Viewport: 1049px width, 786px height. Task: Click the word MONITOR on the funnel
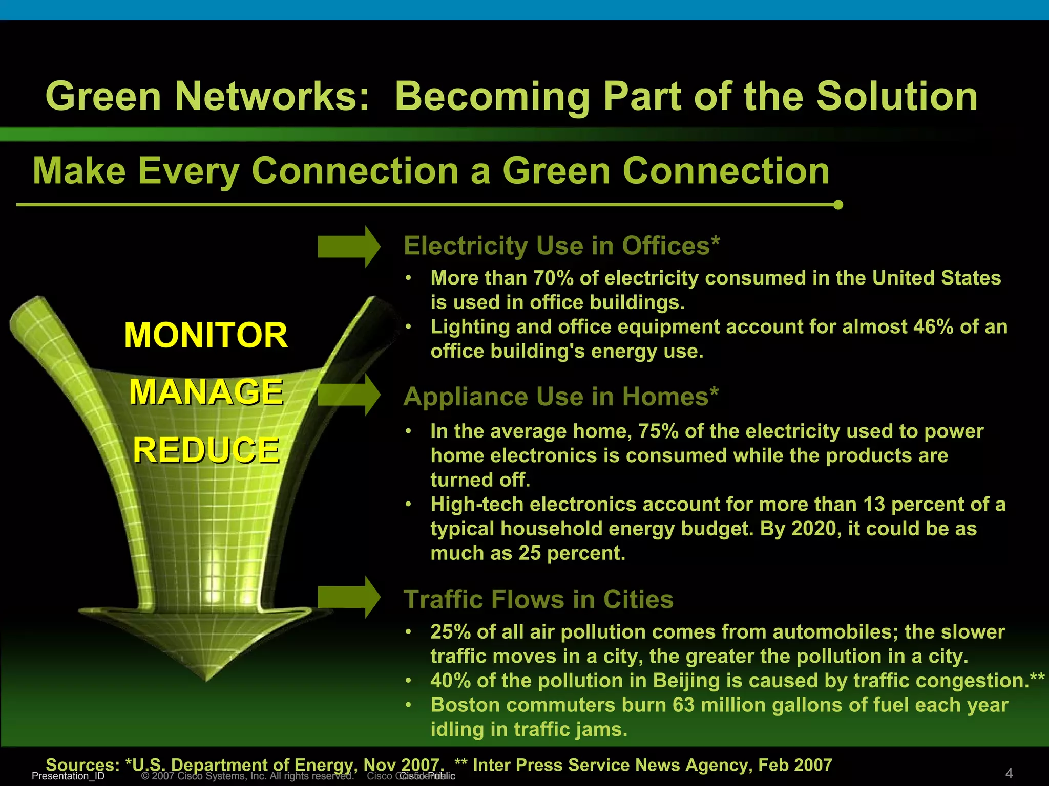point(206,336)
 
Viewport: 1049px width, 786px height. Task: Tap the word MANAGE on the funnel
point(206,392)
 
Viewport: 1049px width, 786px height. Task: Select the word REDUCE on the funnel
point(206,450)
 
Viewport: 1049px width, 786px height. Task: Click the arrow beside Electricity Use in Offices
point(349,247)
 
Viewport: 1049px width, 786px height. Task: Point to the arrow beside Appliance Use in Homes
point(349,395)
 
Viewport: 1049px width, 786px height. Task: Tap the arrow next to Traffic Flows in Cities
point(349,597)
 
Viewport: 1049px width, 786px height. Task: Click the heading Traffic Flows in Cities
point(538,599)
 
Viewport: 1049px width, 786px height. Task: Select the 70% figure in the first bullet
point(553,278)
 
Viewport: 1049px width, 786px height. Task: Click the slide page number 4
point(1009,773)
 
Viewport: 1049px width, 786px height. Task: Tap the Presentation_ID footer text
point(68,776)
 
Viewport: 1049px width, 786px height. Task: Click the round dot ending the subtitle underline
point(838,205)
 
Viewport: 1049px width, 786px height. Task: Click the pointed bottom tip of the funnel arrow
point(206,680)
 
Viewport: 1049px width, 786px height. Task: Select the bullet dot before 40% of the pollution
point(408,681)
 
